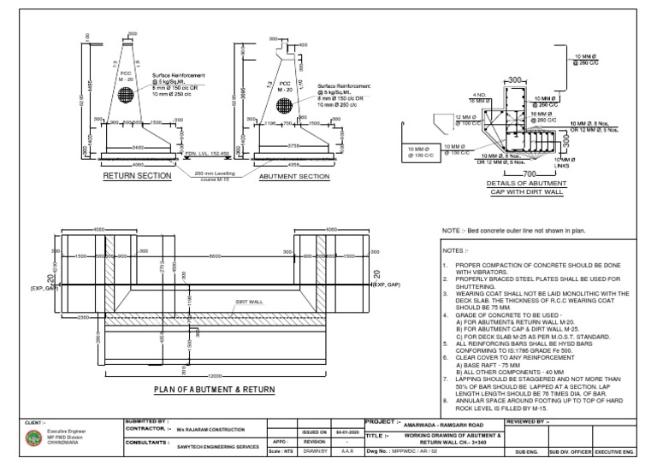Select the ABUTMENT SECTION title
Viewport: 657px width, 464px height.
coord(293,177)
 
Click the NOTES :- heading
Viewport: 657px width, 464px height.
coord(455,251)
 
